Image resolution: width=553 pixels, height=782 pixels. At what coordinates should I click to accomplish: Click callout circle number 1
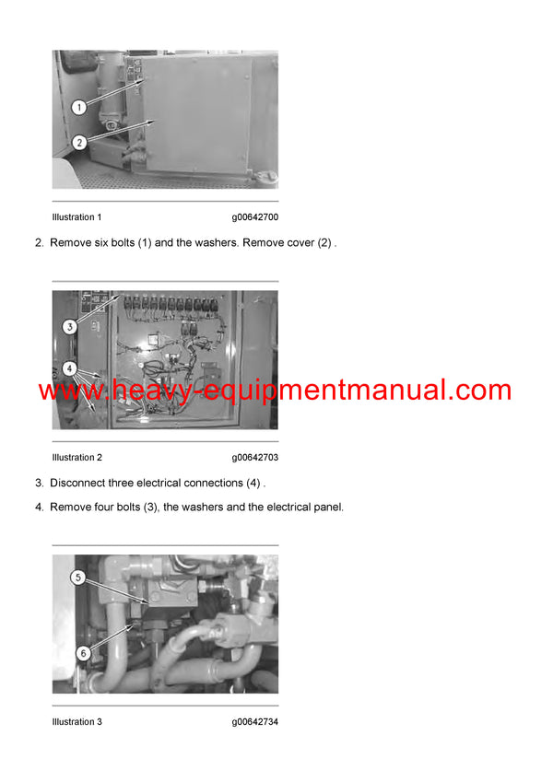coord(79,108)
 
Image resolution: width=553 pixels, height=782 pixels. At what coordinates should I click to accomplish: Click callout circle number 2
coord(79,142)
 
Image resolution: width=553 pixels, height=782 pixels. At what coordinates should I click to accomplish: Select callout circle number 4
coord(69,368)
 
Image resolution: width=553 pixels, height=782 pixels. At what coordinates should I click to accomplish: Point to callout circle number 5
coord(79,578)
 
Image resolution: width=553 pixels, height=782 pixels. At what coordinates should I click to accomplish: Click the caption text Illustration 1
coord(77,217)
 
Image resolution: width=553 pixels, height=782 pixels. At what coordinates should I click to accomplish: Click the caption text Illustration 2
coord(77,458)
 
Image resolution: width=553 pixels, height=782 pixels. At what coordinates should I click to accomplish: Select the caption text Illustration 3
coord(77,722)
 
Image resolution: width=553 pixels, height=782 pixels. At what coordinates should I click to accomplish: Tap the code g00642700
coord(255,217)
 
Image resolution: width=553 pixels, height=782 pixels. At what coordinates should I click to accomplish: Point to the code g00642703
coord(255,458)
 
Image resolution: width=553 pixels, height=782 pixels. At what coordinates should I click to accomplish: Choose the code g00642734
coord(255,722)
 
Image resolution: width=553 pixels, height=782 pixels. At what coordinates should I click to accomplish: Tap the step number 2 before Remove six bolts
coord(39,243)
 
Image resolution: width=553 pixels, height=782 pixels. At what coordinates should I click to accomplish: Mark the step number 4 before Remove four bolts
coord(39,507)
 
